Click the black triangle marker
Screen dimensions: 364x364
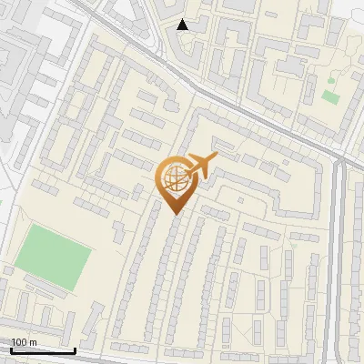(183, 25)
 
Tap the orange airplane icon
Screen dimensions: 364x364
(200, 167)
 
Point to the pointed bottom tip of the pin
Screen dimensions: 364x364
(174, 215)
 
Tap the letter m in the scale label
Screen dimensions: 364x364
(34, 342)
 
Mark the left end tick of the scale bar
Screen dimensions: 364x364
(10, 349)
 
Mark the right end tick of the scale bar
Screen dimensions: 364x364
(75, 349)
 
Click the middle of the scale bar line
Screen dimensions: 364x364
(42, 350)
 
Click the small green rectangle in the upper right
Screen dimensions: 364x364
(329, 96)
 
